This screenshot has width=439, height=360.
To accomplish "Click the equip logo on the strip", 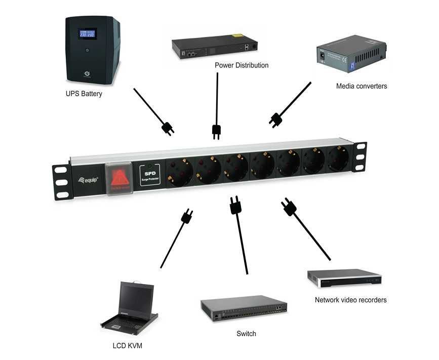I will (88, 179).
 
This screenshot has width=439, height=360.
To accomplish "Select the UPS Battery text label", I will (84, 94).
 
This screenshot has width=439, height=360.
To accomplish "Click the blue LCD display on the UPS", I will (87, 34).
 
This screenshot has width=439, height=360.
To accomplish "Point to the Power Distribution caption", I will (242, 65).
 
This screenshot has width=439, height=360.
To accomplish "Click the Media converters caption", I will (362, 86).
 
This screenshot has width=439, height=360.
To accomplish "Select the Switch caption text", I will (246, 334).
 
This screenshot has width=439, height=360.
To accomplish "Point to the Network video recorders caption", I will (350, 300).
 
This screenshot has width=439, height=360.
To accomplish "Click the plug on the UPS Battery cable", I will (168, 128).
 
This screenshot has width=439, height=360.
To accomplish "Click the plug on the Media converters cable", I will (275, 119).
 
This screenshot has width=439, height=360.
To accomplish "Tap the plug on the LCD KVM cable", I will (187, 216).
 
